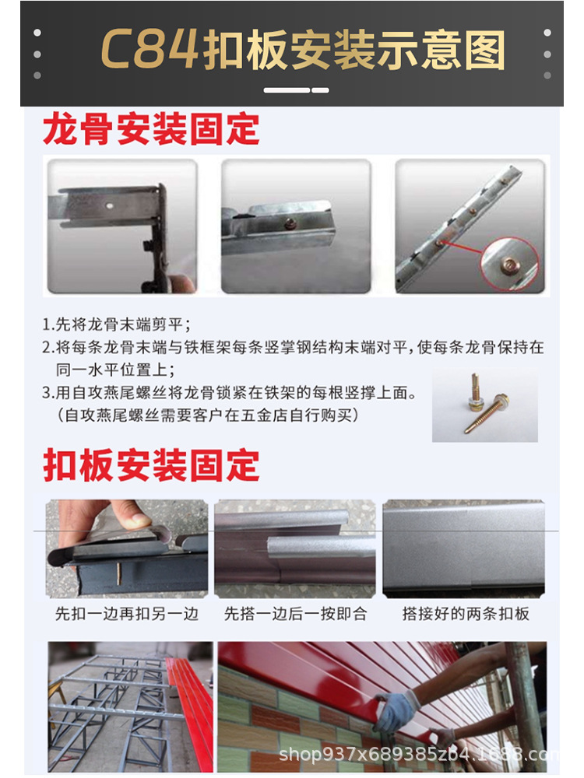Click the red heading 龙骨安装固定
pos(151,129)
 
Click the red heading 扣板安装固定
pos(152,465)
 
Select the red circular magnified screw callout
pos(510,264)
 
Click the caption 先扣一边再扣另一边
pos(127,614)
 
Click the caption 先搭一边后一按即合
pos(295,614)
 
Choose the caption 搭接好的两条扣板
pos(466,614)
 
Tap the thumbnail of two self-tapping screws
pos(484,405)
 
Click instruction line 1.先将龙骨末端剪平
pos(116,324)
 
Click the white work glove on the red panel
pos(396,711)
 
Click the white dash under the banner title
pos(296,90)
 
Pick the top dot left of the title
pos(37,33)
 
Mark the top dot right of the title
pos(547,33)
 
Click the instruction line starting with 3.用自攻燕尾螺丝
pos(229,393)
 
